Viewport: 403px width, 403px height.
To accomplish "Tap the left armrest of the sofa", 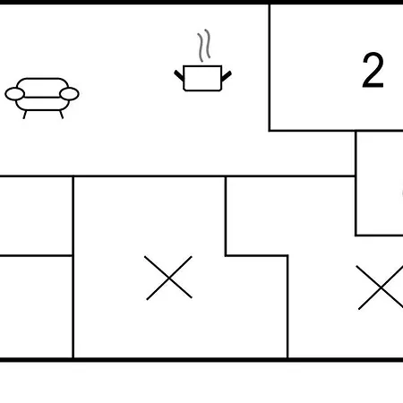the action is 14,94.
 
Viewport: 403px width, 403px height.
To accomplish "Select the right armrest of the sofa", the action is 69,94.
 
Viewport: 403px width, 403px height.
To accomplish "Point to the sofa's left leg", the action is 25,115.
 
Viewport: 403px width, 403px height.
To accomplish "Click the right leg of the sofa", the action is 62,115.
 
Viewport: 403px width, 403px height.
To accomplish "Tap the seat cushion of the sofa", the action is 42,104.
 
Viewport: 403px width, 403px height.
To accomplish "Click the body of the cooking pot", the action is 202,78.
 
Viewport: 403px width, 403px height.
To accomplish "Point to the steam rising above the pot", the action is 204,46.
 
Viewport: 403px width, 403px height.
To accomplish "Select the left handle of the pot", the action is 179,75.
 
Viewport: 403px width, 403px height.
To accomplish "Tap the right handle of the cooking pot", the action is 227,76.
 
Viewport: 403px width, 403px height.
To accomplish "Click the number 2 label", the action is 373,71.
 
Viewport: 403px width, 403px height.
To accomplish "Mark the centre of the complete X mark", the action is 168,278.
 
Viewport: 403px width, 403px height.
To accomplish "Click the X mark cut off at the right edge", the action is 382,287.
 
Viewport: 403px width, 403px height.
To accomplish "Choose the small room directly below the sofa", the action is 36,216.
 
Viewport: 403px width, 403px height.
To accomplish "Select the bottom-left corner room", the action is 36,307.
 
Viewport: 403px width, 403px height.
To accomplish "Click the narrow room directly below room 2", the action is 380,184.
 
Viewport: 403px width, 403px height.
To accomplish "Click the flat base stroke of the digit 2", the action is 373,86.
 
